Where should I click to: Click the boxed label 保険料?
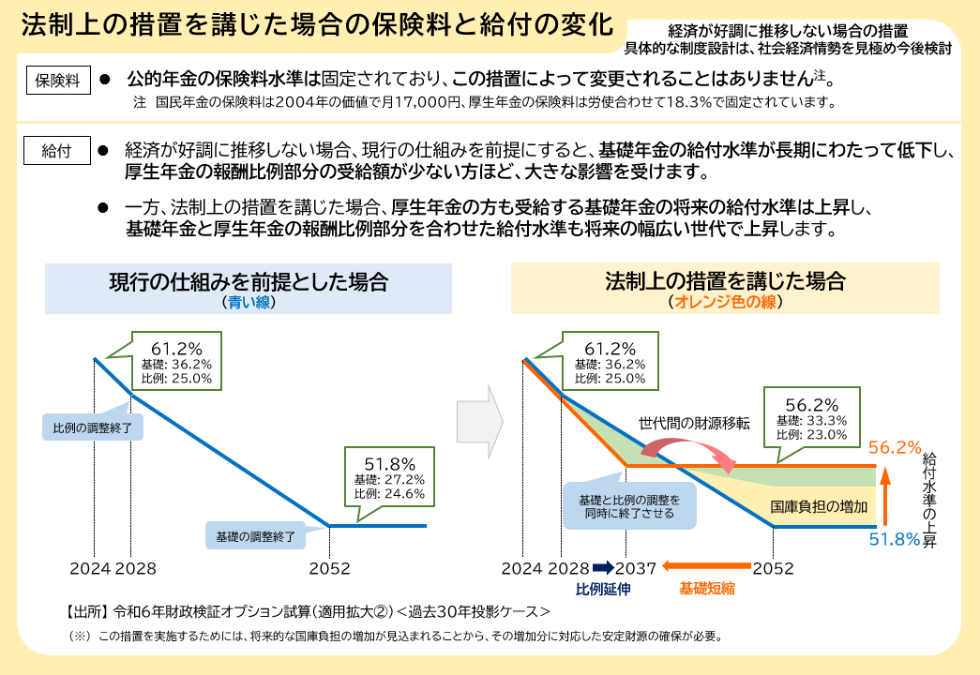click(58, 81)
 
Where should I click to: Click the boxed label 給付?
click(57, 151)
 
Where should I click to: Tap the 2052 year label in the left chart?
click(329, 568)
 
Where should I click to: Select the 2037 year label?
click(636, 568)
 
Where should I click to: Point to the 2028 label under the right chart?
click(568, 568)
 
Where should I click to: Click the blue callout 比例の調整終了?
click(93, 427)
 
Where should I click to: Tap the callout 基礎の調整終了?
click(256, 536)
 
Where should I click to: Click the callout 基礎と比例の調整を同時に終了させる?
click(629, 506)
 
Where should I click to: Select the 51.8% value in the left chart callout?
click(390, 464)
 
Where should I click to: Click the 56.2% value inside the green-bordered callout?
click(812, 405)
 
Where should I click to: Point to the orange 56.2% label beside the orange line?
click(895, 447)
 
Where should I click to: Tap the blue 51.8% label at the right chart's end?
click(895, 539)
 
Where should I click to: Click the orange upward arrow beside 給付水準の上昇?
click(885, 496)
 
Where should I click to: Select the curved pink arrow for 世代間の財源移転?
click(687, 447)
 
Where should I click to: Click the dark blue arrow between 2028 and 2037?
click(604, 567)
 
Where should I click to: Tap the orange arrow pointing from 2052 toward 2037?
click(706, 566)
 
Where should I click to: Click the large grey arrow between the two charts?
click(480, 422)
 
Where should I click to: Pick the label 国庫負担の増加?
click(819, 507)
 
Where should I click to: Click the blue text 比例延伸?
click(603, 589)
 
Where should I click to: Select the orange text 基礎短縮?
click(707, 589)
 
